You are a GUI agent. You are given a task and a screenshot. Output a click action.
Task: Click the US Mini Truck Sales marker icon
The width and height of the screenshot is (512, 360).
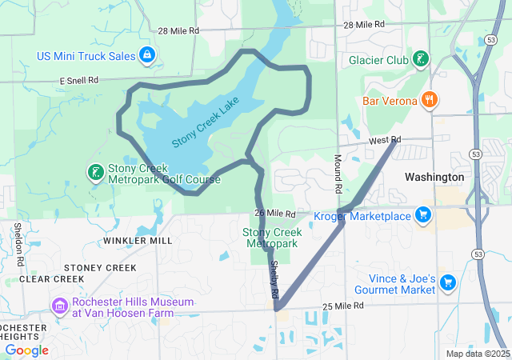point(146,55)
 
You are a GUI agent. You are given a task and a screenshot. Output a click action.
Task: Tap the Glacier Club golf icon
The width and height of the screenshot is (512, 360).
point(421,60)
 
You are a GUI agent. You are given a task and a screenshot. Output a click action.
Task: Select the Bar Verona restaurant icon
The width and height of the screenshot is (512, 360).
point(430,100)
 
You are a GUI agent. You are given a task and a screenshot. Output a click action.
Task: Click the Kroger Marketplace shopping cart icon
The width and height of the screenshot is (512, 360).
point(423,214)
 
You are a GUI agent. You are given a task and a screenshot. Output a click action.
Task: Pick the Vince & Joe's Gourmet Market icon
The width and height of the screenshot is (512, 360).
point(447,282)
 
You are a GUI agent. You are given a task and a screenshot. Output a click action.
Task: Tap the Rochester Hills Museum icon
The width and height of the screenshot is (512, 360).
point(59,306)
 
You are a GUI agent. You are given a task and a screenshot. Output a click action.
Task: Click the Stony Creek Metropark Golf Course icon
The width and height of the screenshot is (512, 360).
point(94,173)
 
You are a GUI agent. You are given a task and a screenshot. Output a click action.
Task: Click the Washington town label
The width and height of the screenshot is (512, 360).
point(434,177)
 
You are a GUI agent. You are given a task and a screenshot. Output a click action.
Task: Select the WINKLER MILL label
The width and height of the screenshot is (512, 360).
point(138,240)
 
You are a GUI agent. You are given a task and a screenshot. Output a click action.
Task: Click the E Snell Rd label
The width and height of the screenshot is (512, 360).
point(78,81)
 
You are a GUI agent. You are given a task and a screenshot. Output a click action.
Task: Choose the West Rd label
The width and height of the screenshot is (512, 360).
point(384,140)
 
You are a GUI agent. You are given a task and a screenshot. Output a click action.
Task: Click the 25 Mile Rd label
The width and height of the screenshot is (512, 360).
point(343,306)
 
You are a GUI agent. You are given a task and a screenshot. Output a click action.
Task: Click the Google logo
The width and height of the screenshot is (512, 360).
point(26,350)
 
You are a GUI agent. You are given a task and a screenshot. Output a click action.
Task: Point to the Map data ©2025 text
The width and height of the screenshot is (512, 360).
point(477,354)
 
